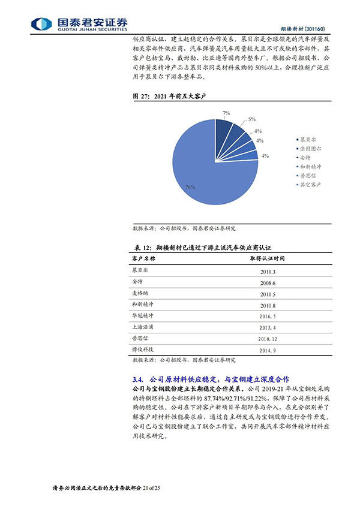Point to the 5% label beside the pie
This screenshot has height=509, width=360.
252,119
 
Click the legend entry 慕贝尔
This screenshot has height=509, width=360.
310,138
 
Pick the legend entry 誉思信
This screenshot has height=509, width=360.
310,176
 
